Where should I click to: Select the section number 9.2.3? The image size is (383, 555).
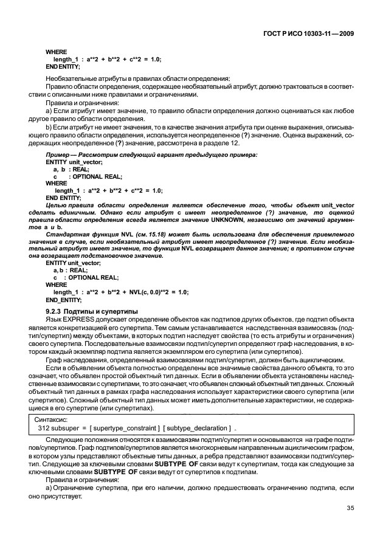[56, 311]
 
